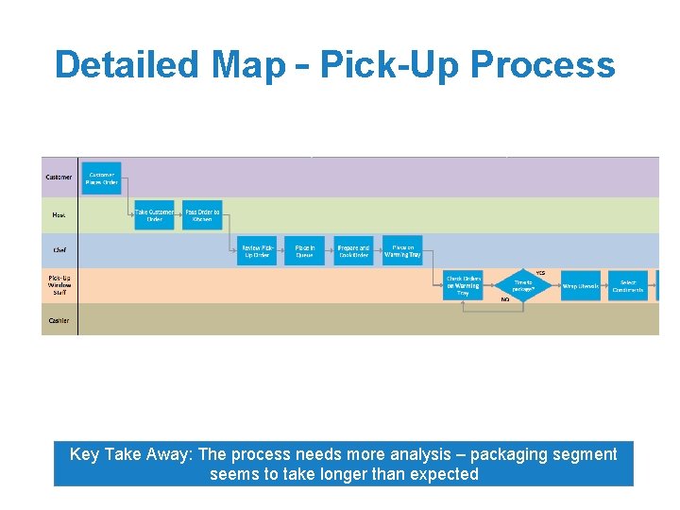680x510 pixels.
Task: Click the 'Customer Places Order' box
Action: point(102,178)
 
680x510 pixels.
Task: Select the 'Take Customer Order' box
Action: point(154,215)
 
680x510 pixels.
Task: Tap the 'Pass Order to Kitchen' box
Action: point(202,215)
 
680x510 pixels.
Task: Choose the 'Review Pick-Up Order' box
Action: point(257,250)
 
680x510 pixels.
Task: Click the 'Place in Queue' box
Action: point(304,250)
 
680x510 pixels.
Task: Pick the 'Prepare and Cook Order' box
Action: point(353,250)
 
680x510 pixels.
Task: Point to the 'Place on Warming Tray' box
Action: point(403,250)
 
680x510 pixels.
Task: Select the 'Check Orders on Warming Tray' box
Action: point(463,285)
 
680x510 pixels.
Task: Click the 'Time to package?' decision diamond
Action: point(522,285)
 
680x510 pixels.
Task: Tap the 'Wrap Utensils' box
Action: point(581,285)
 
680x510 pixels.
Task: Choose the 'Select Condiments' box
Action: point(628,285)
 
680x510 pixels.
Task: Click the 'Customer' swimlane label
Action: point(59,178)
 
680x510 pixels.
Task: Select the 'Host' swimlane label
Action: point(59,215)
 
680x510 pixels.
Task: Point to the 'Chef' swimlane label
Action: point(59,250)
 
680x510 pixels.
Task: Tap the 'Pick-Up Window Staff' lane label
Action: point(59,285)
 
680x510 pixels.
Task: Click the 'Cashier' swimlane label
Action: point(59,320)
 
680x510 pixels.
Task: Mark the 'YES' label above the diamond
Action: point(540,273)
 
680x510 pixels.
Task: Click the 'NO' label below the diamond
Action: point(505,299)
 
